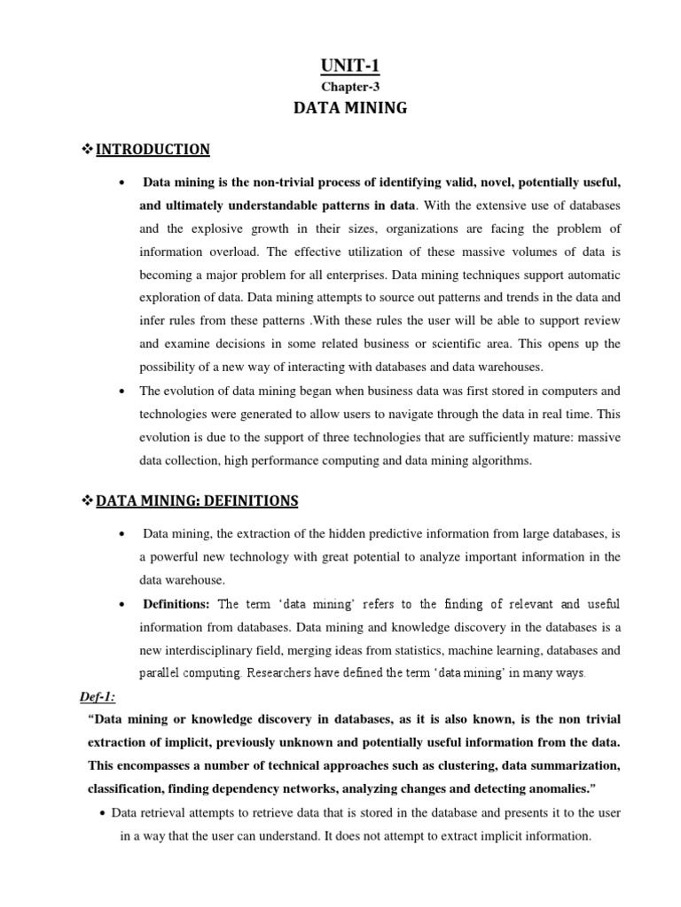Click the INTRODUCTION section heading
coord(153,150)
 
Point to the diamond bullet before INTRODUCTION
coord(87,150)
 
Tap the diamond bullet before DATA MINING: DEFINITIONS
coord(87,501)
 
